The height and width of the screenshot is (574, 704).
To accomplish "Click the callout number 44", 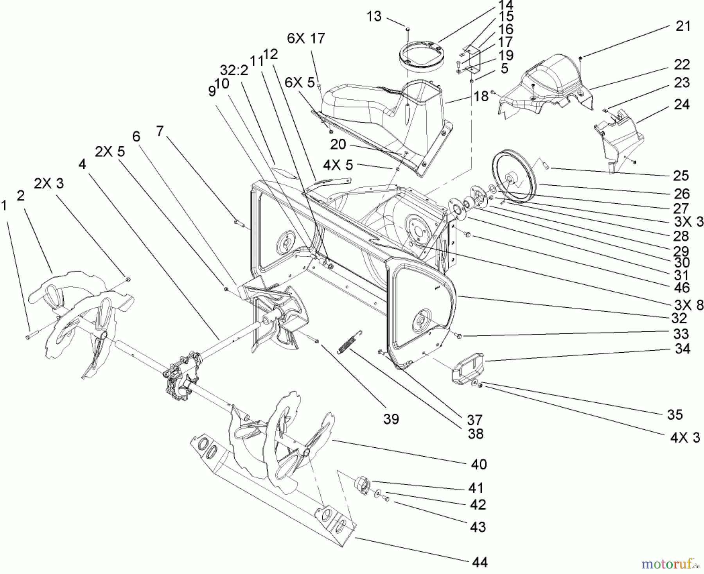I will click(480, 562).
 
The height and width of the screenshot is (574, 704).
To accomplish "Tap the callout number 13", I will click(374, 17).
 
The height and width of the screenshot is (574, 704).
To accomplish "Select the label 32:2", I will click(234, 70).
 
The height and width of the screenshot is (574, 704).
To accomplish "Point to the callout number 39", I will click(391, 419).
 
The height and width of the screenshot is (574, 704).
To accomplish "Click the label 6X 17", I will click(306, 38).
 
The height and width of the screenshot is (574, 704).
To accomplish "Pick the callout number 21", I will click(683, 26).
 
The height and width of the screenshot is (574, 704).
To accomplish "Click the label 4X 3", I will click(685, 437).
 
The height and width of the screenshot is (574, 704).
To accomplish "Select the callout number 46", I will click(682, 288).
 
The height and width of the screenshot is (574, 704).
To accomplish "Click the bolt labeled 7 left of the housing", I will click(238, 223).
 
